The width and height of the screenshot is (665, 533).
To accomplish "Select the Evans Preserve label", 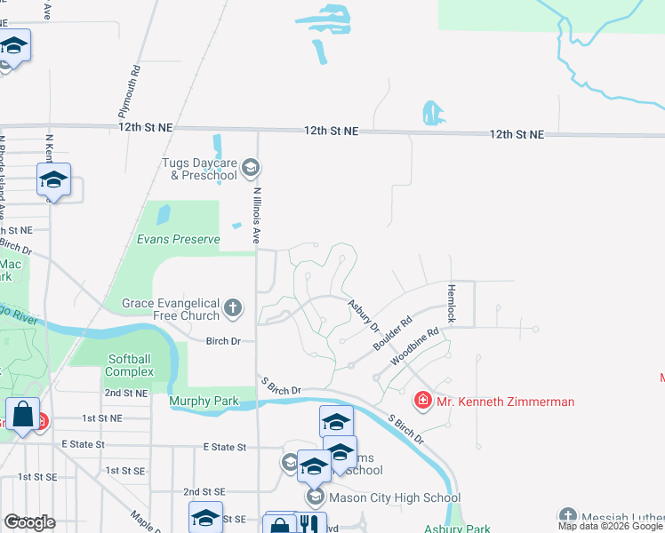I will [178, 239].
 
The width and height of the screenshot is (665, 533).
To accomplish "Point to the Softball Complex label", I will [130, 364].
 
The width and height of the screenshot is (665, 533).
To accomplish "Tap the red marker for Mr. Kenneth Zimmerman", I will [422, 402].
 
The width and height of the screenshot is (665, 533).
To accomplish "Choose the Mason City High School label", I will [382, 497].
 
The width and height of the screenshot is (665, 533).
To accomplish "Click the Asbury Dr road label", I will [363, 314].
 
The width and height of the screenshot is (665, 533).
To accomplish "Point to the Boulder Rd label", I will [393, 333].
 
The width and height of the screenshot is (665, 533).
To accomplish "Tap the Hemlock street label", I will [451, 303].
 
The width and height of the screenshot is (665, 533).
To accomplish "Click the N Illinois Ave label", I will [257, 215].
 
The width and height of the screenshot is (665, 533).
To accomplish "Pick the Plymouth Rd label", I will [130, 91].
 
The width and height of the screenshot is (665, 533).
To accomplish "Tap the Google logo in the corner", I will [30, 521].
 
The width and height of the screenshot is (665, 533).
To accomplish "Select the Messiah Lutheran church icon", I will [567, 516].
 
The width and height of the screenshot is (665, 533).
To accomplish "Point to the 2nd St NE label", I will [125, 393].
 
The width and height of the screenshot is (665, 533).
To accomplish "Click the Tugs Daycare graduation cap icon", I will [250, 167].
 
